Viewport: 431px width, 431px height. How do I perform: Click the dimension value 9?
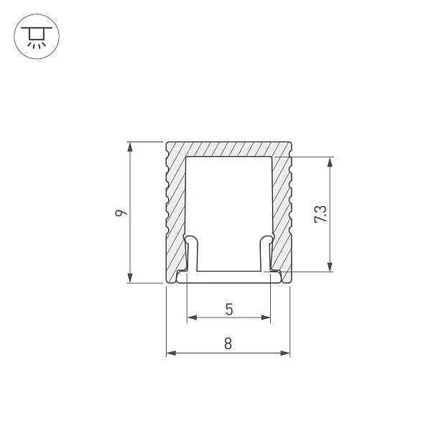tap(122, 213)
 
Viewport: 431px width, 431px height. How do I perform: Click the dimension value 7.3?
tap(320, 214)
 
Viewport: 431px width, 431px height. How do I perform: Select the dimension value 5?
tap(228, 310)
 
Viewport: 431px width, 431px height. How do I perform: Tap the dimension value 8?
tap(228, 343)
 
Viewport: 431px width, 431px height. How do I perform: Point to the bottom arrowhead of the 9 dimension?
tap(130, 279)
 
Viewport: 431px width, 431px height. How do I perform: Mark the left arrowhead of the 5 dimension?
tap(191, 317)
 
